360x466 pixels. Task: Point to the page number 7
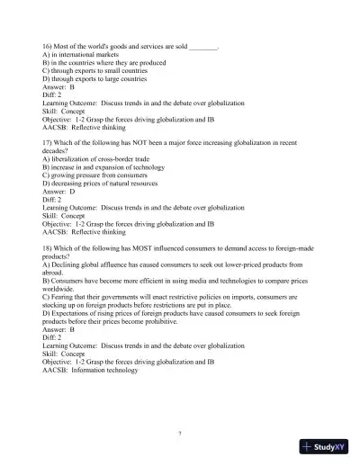(180, 433)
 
